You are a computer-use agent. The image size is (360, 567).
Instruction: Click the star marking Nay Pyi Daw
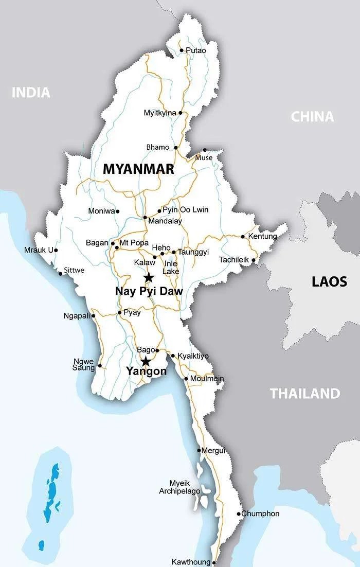pos(149,278)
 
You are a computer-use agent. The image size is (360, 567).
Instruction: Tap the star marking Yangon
pos(146,361)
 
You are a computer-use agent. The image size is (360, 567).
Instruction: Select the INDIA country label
pos(31,93)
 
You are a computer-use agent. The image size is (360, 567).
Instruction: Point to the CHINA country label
pos(312,117)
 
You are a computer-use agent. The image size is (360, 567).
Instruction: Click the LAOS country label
pos(329,281)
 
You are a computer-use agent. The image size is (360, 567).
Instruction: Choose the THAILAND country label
pos(305,394)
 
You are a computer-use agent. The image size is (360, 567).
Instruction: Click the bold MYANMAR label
pos(138,169)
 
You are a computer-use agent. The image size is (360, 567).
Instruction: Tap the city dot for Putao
pos(182,50)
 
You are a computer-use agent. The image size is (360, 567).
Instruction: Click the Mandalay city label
pos(165,221)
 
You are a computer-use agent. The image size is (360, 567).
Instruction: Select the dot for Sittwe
pos(60,273)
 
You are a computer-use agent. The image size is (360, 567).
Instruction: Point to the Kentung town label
pos(262,237)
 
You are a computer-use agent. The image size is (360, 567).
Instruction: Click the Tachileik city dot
pos(253,260)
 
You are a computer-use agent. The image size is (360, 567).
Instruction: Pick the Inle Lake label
pos(171,267)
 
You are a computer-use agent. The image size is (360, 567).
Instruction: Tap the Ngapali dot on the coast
pos(94,316)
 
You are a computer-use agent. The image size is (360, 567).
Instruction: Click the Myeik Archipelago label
pos(185,487)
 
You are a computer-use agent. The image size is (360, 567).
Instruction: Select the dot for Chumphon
pos(239,513)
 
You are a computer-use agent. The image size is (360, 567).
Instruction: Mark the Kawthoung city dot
pos(214,562)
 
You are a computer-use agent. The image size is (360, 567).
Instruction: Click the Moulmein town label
pos(207,379)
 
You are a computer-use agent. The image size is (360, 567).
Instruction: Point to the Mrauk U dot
pos(56,251)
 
